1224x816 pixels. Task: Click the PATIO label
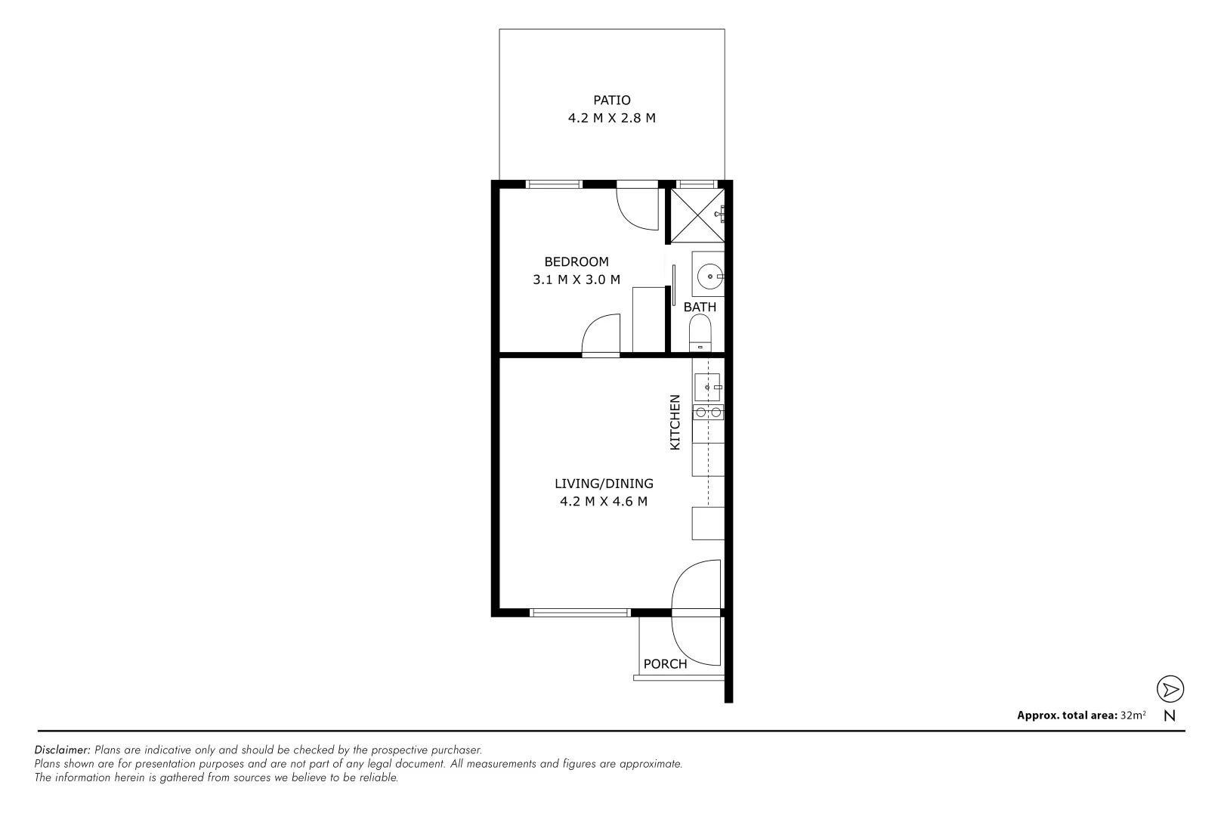coord(611,100)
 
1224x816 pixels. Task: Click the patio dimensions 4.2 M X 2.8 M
coord(611,118)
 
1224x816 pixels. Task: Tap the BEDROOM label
coord(576,261)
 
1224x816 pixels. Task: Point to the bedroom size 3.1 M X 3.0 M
coord(576,280)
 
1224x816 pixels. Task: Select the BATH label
coord(700,307)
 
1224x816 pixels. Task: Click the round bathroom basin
coord(709,277)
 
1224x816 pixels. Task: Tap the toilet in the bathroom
coord(700,333)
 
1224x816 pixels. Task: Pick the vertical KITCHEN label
coord(675,422)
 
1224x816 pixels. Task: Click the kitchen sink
coord(707,388)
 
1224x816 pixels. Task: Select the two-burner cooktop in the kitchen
coord(708,412)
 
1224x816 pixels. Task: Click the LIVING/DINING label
coord(604,484)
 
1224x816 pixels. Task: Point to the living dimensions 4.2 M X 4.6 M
coord(604,502)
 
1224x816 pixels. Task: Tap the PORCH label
coord(665,664)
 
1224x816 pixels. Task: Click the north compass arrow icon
coord(1170,689)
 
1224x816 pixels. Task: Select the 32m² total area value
coord(1133,715)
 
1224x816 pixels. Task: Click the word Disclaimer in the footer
coord(63,750)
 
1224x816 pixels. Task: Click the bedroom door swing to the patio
coord(636,209)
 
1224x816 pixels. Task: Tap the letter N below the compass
coord(1170,716)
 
